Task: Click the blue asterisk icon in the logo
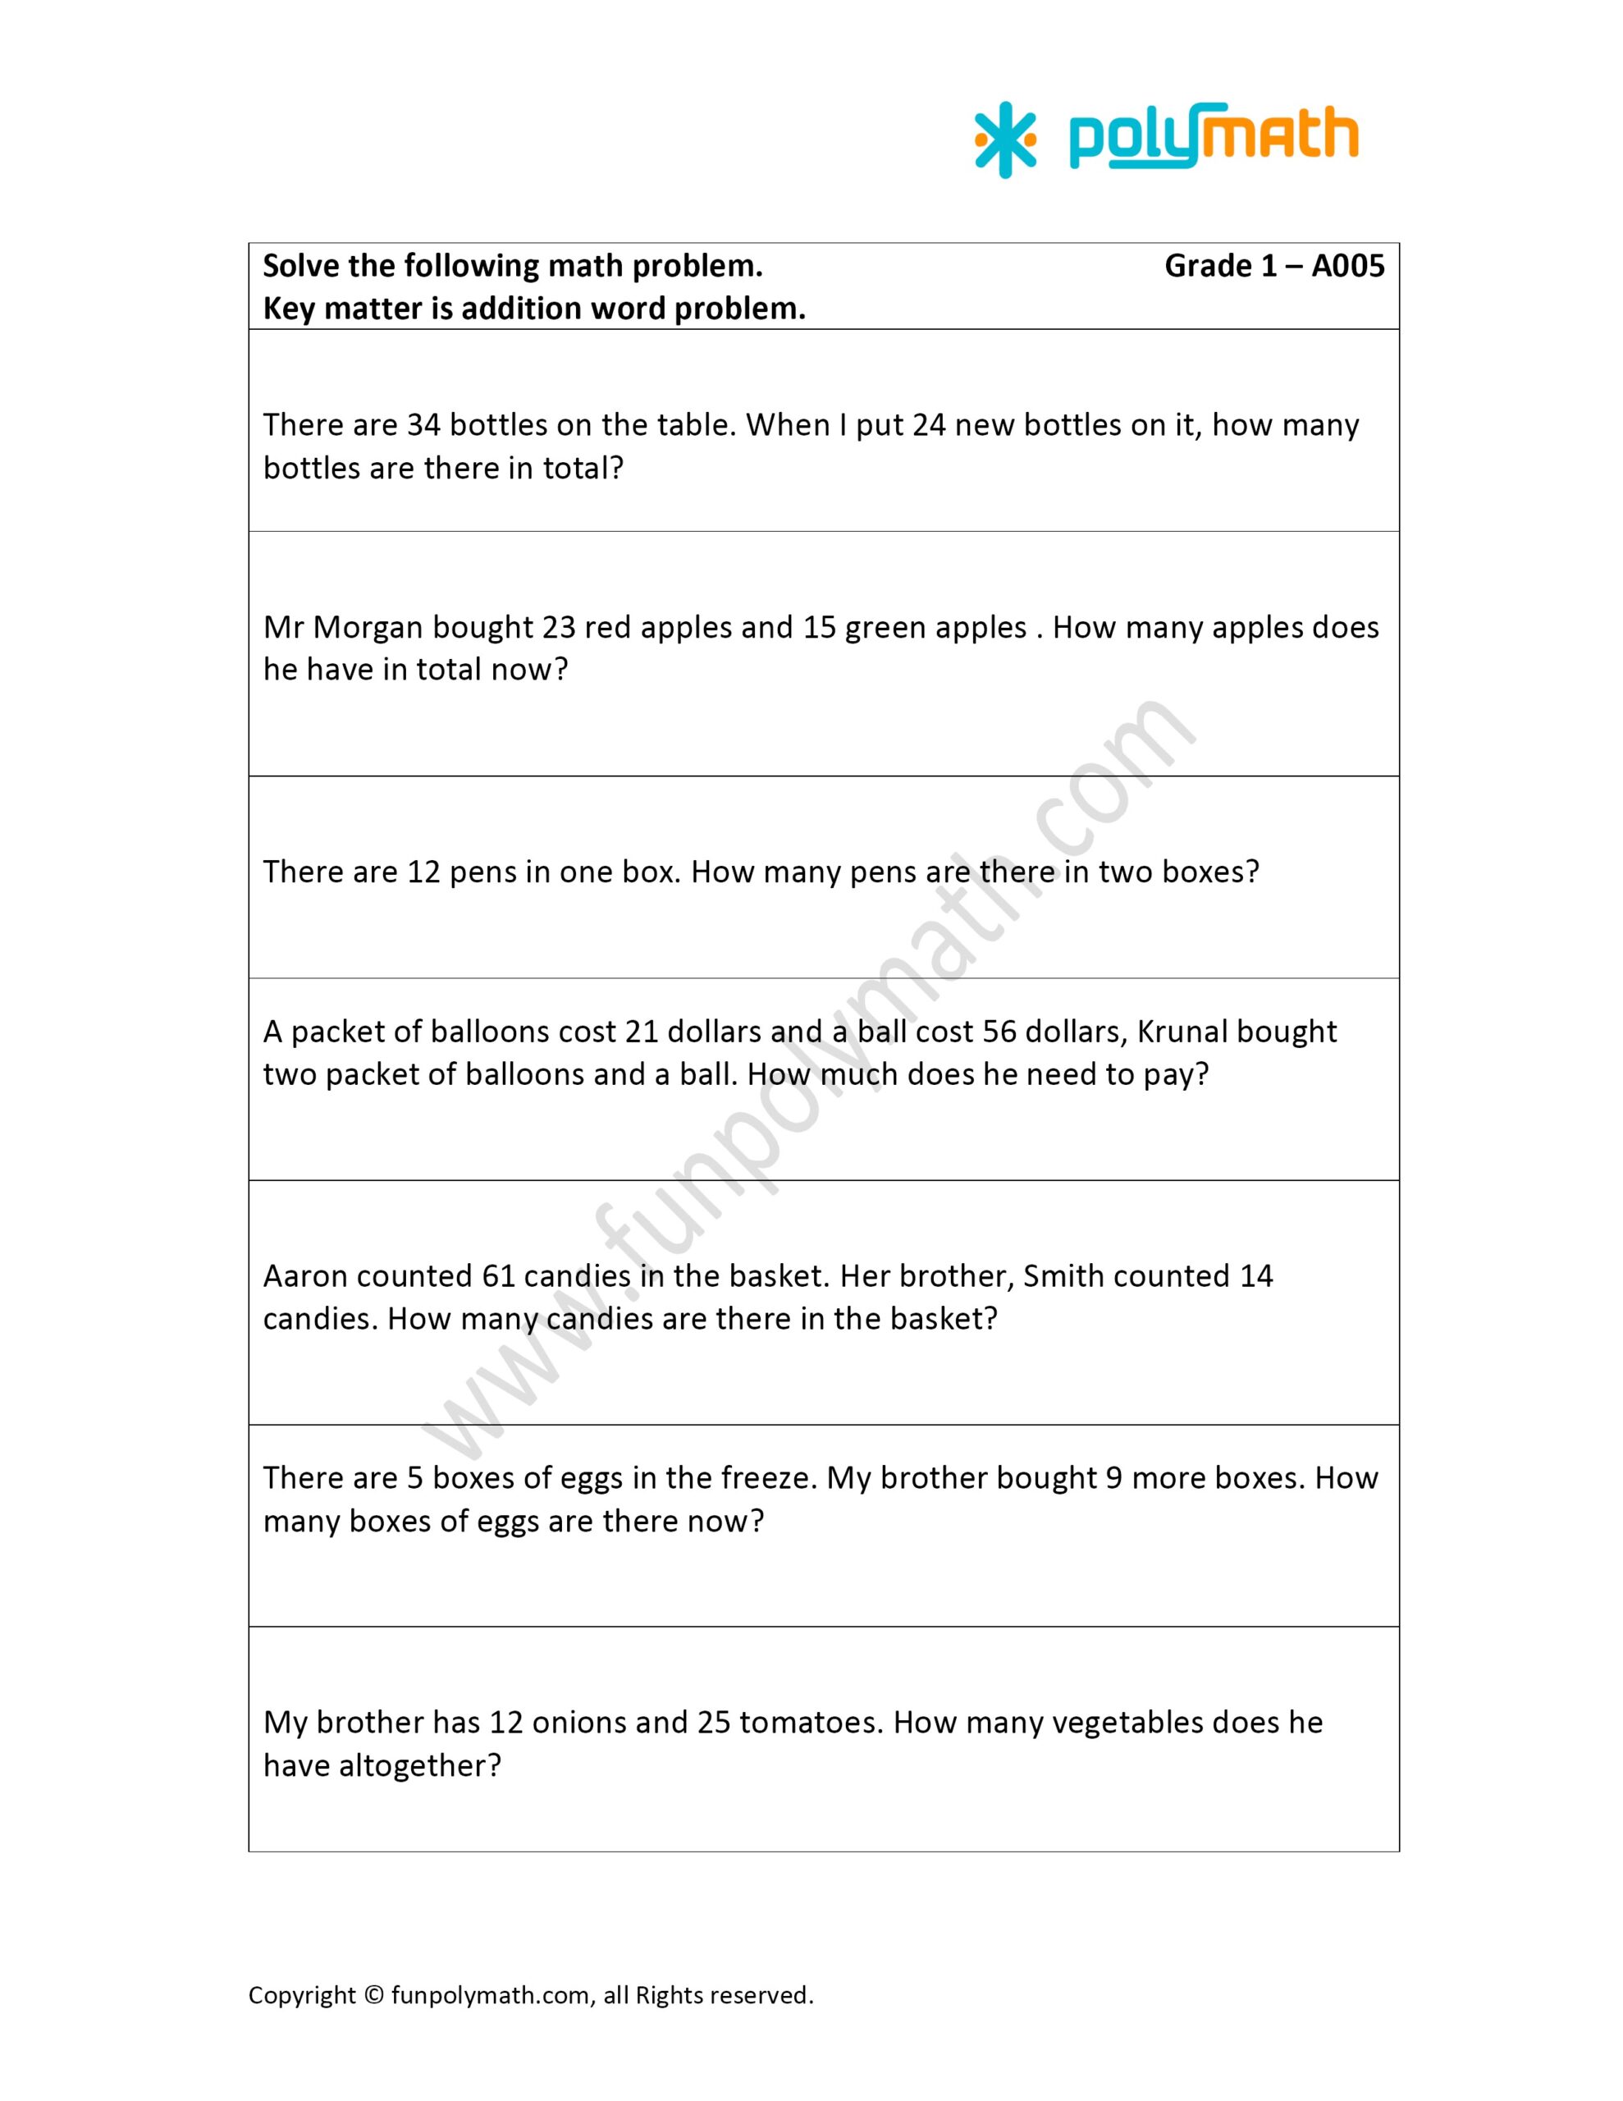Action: (1005, 140)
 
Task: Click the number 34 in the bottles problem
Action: (423, 425)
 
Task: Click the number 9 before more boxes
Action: (1114, 1477)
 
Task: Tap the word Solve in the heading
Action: (301, 266)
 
